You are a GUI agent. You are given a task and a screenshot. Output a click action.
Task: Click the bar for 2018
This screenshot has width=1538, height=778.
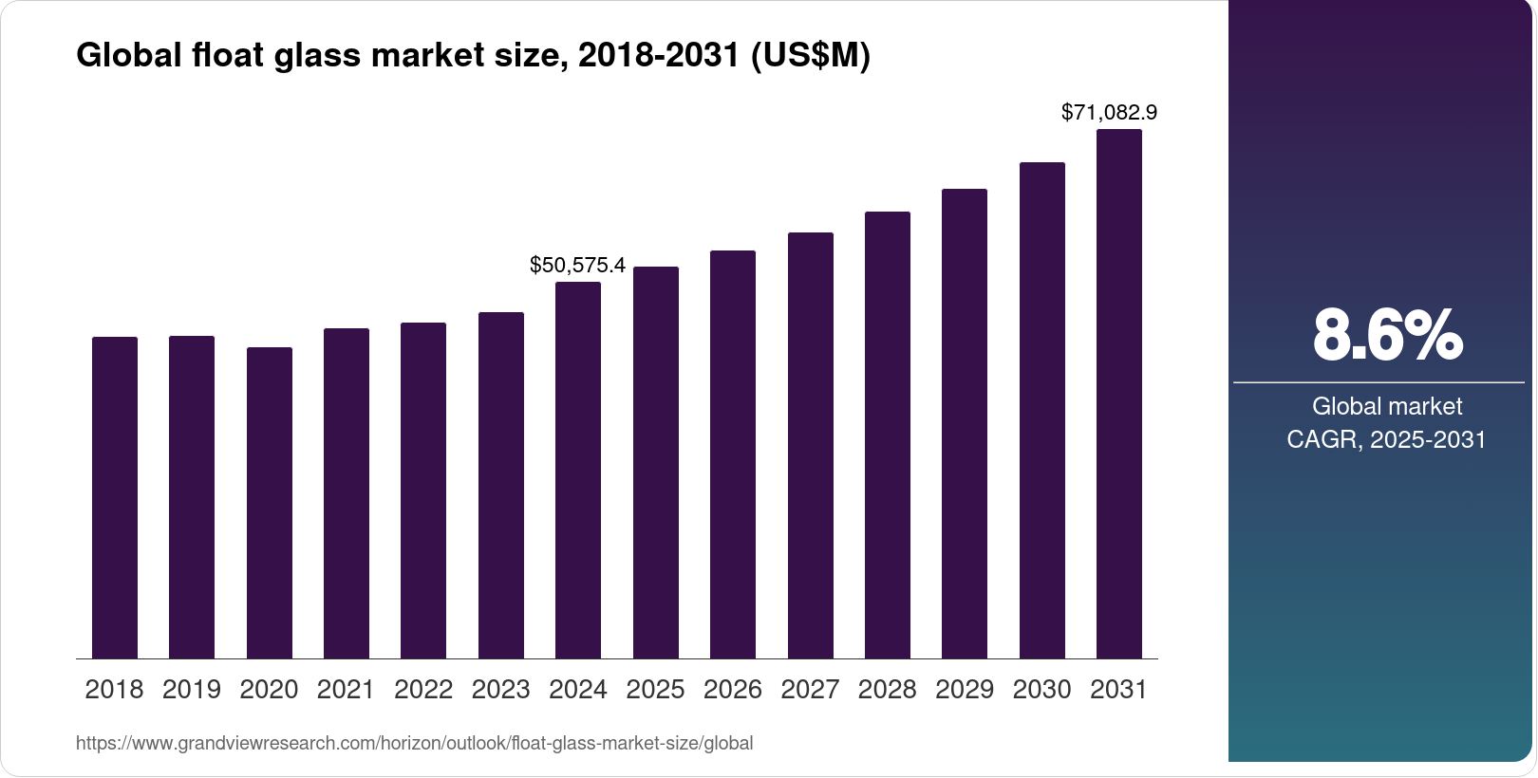pyautogui.click(x=115, y=497)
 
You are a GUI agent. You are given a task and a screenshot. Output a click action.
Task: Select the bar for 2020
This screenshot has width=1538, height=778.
pyautogui.click(x=270, y=503)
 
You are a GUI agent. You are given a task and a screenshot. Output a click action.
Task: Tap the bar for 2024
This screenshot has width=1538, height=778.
pyautogui.click(x=578, y=470)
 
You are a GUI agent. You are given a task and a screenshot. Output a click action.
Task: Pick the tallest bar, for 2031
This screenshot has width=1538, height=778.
pyautogui.click(x=1119, y=394)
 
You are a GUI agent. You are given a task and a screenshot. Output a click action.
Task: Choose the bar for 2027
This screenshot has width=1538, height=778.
pyautogui.click(x=811, y=445)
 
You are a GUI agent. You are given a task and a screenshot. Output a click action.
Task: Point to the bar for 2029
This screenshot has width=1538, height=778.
pyautogui.click(x=965, y=423)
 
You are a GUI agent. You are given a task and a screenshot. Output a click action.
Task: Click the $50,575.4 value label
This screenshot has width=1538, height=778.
pyautogui.click(x=577, y=266)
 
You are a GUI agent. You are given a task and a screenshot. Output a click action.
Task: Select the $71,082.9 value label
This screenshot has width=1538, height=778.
pyautogui.click(x=1109, y=113)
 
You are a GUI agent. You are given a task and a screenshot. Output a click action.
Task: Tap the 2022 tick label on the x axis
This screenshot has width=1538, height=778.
pyautogui.click(x=423, y=690)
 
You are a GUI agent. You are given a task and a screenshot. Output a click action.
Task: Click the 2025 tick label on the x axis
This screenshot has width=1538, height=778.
pyautogui.click(x=655, y=690)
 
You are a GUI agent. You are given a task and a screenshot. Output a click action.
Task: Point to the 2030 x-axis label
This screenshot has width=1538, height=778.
pyautogui.click(x=1041, y=690)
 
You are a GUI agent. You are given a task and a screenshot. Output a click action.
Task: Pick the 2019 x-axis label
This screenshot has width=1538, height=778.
pyautogui.click(x=192, y=690)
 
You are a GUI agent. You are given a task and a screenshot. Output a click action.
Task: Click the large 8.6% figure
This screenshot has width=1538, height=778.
pyautogui.click(x=1387, y=335)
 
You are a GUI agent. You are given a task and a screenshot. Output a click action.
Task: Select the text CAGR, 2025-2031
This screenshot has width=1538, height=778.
pyautogui.click(x=1386, y=440)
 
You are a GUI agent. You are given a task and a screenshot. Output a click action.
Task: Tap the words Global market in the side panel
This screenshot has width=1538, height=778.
pyautogui.click(x=1387, y=407)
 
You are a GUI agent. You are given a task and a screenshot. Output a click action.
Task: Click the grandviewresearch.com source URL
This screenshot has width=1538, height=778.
pyautogui.click(x=414, y=744)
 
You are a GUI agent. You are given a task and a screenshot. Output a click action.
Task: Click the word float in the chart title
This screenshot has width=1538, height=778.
pyautogui.click(x=228, y=56)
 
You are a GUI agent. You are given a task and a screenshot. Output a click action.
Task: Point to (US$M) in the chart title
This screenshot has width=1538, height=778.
pyautogui.click(x=810, y=56)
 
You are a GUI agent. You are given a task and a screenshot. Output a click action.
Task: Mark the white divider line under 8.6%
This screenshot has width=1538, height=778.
pyautogui.click(x=1379, y=383)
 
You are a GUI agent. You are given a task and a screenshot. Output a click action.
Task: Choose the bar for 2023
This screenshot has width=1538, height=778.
pyautogui.click(x=501, y=485)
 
